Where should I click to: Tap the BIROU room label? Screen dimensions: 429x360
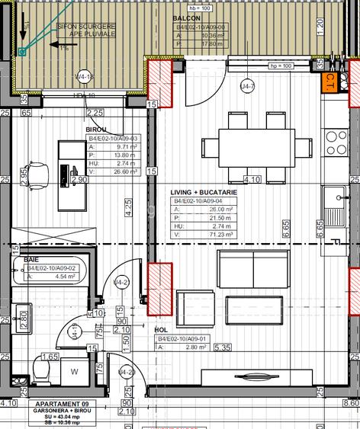[x=96, y=130]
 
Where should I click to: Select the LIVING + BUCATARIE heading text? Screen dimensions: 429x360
[x=202, y=193]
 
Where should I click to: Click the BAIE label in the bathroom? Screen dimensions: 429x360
[x=31, y=260]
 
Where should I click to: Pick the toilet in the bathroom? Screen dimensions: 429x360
[x=43, y=373]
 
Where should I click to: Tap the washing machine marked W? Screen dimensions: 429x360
[x=75, y=372]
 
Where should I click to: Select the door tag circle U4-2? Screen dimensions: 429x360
[x=120, y=283]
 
